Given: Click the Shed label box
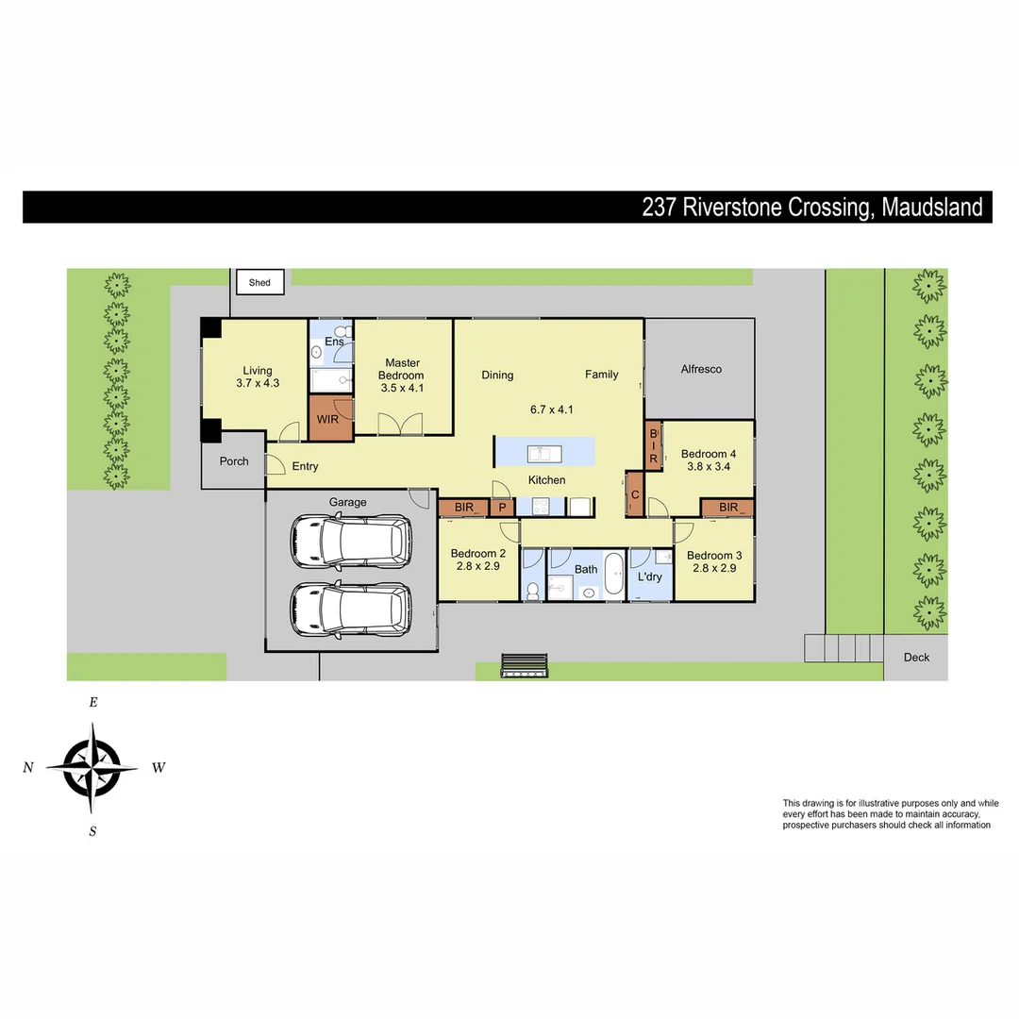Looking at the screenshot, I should coord(259,282).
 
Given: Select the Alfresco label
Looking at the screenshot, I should coord(701,369).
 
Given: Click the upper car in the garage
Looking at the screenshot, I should coord(351,541).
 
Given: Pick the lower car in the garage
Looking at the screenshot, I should coord(351,609).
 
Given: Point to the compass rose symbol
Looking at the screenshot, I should coord(92,767).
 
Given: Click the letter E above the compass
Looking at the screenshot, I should coord(92,702).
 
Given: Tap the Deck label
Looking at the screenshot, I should coord(916,658).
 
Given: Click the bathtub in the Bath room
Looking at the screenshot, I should coord(613,575).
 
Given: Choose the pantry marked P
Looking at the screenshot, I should coord(503,508).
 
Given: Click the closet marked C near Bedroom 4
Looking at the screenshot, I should coord(635,494).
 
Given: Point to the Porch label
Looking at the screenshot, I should coord(234,461).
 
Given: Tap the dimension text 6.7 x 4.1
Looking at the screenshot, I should coord(552,409).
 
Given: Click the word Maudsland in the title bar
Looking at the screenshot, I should coord(932,208).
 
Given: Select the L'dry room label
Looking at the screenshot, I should coord(649,576).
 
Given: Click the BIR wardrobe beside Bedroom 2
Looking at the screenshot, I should coord(463,508).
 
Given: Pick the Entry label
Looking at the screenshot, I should coord(305,466).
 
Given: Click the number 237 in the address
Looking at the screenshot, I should coord(660,208).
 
